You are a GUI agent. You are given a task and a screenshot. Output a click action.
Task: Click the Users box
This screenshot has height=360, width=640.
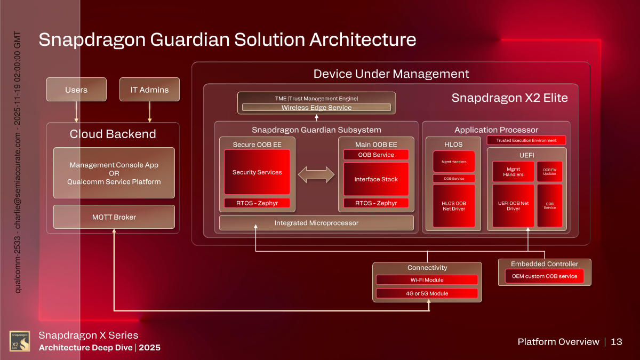[76, 90]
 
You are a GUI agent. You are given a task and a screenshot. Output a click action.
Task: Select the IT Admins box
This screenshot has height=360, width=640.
[149, 90]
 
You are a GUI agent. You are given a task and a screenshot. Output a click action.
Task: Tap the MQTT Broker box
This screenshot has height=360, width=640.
[114, 217]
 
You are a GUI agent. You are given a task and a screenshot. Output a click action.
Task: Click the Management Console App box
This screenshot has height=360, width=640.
[114, 173]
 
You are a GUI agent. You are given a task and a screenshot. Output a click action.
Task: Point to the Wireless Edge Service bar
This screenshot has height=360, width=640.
[316, 108]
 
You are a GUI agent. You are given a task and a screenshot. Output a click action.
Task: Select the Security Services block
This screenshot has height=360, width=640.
[257, 172]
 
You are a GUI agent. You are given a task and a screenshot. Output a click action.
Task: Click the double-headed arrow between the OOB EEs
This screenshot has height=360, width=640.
[316, 174]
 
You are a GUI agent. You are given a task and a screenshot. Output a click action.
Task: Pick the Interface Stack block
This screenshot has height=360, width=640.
[375, 179]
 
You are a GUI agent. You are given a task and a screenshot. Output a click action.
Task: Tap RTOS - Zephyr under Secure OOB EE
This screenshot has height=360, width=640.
[257, 203]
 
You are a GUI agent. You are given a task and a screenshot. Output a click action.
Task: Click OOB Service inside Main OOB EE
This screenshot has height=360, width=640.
[375, 155]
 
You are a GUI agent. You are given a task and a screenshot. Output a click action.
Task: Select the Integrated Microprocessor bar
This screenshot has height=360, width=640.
[316, 222]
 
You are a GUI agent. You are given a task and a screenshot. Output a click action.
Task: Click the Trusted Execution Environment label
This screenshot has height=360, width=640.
[526, 140]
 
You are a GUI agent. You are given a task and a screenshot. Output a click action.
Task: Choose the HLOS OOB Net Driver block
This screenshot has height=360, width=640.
[453, 206]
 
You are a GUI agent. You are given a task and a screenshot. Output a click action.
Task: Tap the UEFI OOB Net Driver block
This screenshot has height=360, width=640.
[513, 206]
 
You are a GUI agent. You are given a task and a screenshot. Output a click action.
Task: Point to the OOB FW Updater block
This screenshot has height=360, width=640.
[549, 171]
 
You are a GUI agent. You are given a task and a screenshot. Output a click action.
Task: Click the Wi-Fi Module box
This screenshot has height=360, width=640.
[427, 280]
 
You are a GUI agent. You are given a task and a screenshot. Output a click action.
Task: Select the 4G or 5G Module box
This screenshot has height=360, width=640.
[427, 293]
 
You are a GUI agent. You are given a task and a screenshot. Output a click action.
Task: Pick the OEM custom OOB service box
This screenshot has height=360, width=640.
[544, 276]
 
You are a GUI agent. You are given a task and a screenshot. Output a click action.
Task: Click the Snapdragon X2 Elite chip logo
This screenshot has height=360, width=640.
[20, 341]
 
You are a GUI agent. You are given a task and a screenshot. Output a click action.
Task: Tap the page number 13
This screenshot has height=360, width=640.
[616, 342]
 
